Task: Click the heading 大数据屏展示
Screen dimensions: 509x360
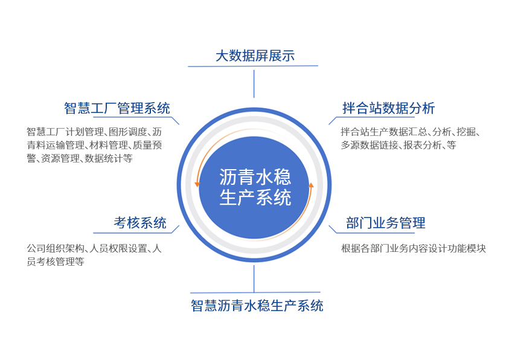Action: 255,56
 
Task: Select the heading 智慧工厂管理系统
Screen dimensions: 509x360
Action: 117,108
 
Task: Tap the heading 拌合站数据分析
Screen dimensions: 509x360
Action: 389,108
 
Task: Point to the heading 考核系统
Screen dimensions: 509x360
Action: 140,223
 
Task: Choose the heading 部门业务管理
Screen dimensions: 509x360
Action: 386,223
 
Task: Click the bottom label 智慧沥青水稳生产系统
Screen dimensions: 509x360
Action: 257,306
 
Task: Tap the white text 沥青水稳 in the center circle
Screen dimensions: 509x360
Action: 255,177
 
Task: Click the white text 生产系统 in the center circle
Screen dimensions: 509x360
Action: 255,198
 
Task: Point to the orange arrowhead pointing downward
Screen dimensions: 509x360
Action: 197,184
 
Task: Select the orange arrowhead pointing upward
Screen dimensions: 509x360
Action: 311,185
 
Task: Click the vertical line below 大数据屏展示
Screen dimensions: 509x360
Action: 254,84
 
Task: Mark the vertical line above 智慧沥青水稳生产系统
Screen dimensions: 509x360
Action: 254,278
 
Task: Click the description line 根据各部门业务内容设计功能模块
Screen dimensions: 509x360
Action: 414,249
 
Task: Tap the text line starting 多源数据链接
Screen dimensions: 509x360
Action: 399,145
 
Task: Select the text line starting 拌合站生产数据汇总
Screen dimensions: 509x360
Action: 411,132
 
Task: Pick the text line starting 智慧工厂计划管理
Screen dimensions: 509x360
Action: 94,132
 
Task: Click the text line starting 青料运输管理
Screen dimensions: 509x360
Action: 94,145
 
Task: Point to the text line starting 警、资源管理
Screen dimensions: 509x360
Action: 80,158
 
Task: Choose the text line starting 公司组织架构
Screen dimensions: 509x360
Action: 94,249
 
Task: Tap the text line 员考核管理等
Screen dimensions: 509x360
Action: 56,262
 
